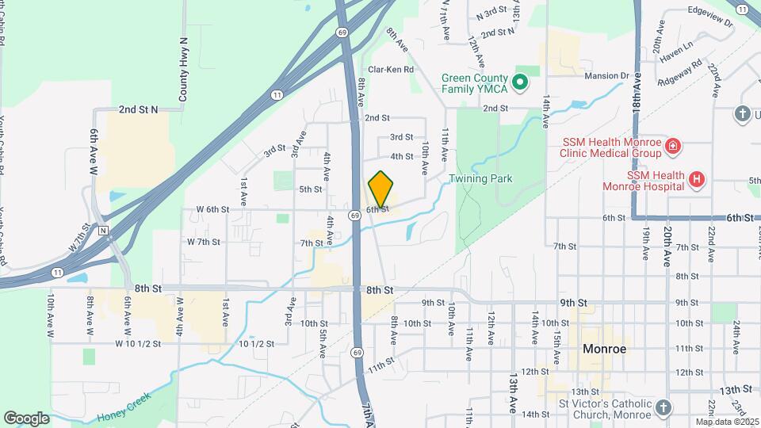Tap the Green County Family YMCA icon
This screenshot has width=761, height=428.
coord(520,81)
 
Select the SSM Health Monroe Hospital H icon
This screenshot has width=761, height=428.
coord(696,180)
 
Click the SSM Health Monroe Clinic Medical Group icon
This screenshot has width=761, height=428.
coord(672,147)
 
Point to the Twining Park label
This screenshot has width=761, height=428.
coord(480,179)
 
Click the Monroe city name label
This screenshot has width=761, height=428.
coord(604,349)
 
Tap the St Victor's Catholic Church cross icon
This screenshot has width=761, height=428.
coord(663,407)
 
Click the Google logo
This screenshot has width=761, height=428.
coord(26,418)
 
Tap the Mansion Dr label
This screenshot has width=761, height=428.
coord(606,76)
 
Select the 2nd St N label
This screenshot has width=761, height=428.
coord(139,109)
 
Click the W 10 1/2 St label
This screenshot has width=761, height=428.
coord(138,344)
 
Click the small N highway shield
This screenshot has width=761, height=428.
coord(103,231)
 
